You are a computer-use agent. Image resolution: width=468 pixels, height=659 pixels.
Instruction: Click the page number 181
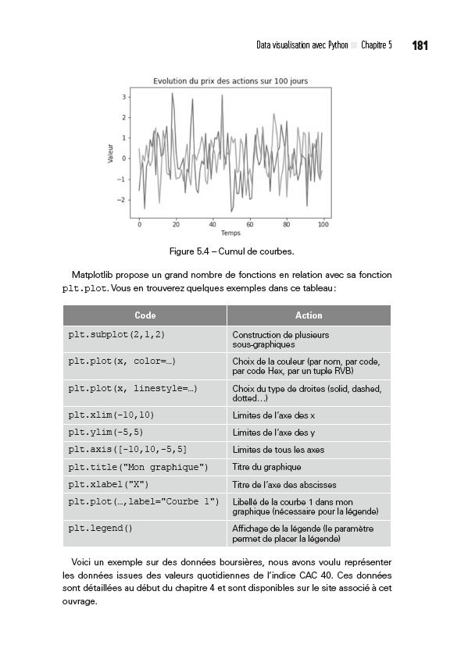(x=420, y=46)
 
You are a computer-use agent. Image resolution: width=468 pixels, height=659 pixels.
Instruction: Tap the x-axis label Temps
(x=230, y=233)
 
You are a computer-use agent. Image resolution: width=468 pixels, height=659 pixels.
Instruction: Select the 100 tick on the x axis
(x=323, y=225)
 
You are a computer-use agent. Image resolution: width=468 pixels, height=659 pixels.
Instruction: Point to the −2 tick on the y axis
(x=122, y=200)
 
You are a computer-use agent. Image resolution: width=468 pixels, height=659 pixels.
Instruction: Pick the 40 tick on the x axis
(x=213, y=225)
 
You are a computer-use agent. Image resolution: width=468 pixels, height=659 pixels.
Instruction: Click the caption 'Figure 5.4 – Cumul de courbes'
(x=232, y=251)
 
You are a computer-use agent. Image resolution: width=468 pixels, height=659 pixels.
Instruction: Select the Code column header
(x=145, y=315)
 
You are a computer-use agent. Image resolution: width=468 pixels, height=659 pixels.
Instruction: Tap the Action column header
(x=309, y=315)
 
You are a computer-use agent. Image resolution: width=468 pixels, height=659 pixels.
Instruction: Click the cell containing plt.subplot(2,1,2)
(x=117, y=334)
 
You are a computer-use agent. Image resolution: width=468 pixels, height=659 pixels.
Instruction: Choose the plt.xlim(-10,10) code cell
(x=111, y=414)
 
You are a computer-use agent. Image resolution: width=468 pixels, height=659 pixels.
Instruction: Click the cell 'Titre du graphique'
(x=266, y=467)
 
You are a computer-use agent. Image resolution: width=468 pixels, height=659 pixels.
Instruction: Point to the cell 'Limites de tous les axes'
(x=278, y=450)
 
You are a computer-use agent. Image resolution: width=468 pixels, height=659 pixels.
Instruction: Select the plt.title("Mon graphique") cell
(x=138, y=467)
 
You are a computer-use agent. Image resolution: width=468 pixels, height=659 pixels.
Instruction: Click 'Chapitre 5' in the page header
(x=377, y=46)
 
